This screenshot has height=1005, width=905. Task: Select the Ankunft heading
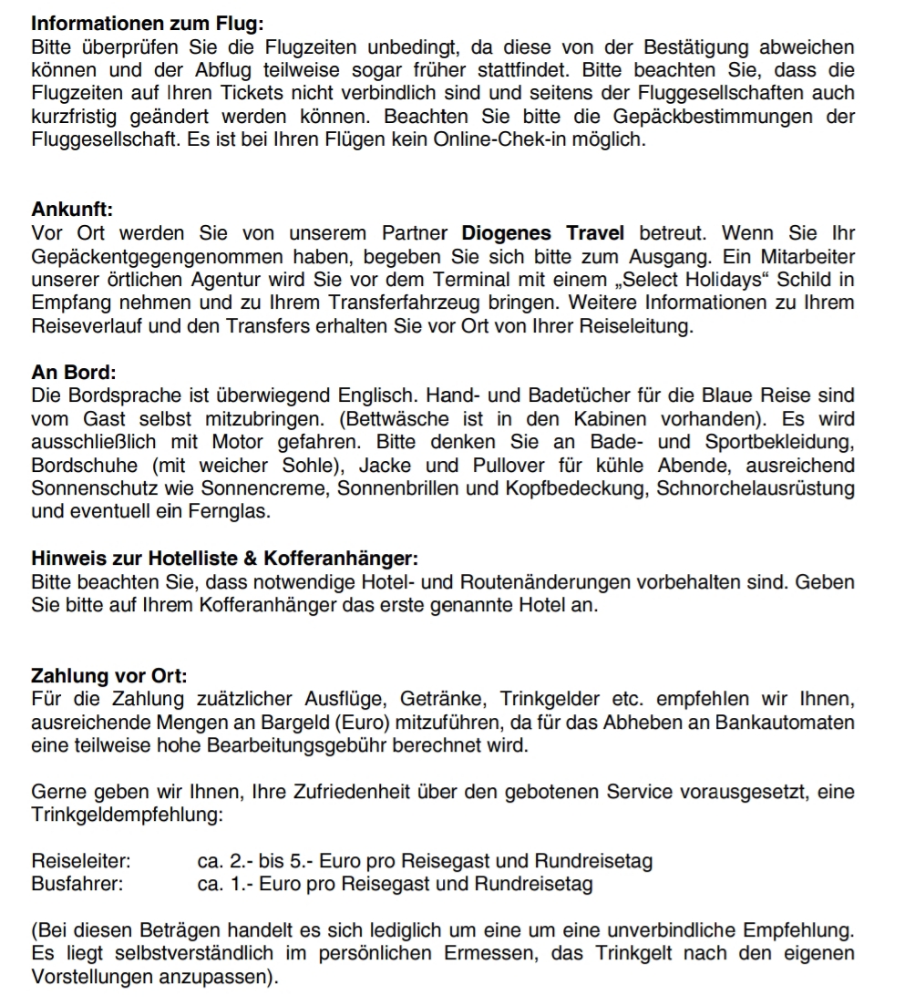71,210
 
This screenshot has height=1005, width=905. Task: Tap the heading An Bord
74,373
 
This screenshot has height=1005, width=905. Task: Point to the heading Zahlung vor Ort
109,677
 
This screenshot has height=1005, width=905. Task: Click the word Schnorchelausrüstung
756,489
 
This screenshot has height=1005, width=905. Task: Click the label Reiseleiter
80,861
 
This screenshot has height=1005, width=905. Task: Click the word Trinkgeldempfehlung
127,815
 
